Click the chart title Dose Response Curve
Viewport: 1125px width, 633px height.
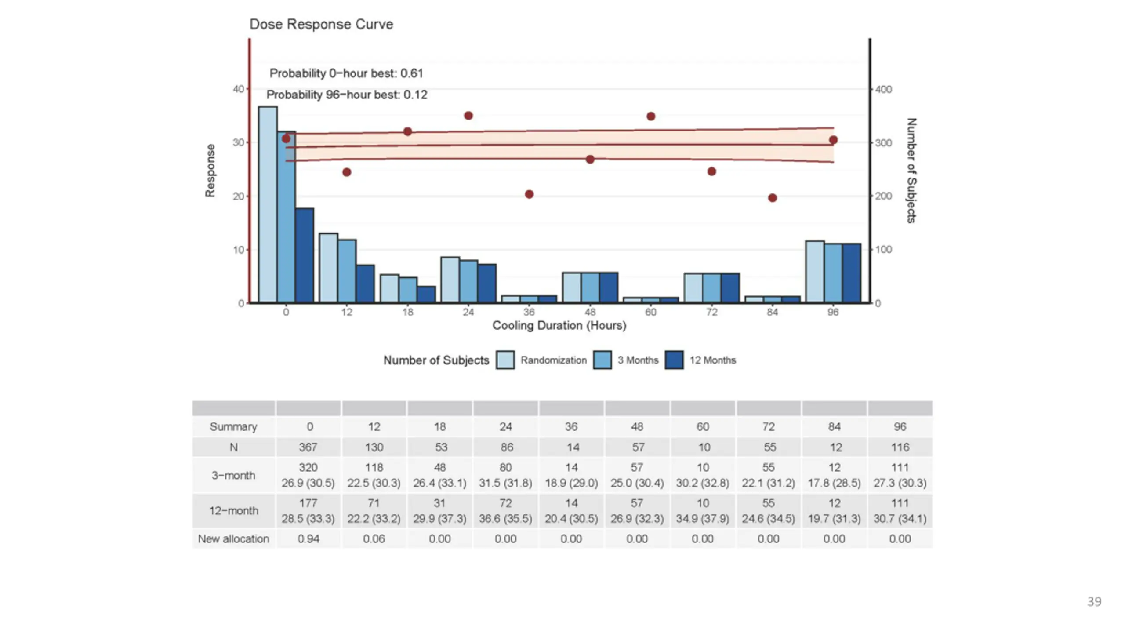click(321, 24)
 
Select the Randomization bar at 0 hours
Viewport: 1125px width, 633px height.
click(268, 204)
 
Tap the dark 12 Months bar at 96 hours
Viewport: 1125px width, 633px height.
click(852, 273)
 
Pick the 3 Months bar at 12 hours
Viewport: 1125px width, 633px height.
click(347, 271)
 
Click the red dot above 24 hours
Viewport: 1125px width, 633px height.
click(468, 116)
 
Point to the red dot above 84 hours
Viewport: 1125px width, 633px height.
click(773, 198)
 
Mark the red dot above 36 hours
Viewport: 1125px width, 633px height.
click(529, 194)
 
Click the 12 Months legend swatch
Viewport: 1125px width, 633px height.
click(674, 360)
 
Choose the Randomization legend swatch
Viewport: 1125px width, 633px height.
click(505, 360)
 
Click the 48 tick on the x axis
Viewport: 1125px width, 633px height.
click(590, 312)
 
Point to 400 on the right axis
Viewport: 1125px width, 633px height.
click(883, 90)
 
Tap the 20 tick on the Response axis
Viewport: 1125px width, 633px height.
click(238, 196)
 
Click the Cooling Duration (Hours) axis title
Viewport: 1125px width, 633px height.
click(559, 326)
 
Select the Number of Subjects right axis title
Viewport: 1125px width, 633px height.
click(911, 171)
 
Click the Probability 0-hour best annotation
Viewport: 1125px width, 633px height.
click(346, 73)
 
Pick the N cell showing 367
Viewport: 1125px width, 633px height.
click(308, 447)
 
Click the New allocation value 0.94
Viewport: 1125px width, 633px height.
click(308, 539)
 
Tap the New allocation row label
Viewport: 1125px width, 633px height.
click(233, 539)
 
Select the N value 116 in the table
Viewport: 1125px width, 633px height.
click(900, 447)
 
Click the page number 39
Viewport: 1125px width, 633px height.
click(1094, 601)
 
